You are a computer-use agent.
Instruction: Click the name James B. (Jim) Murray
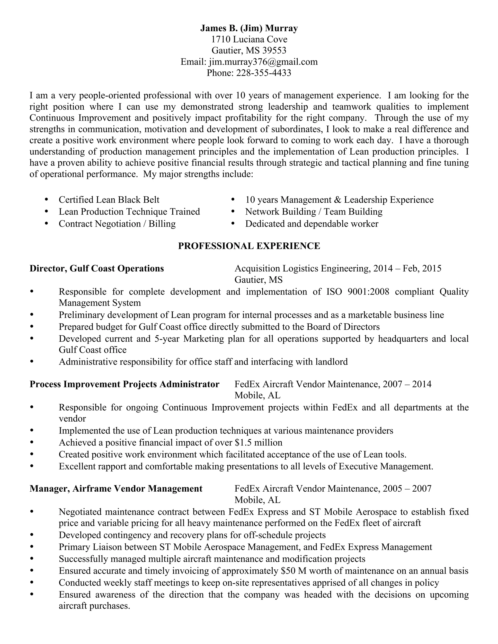coord(249,28)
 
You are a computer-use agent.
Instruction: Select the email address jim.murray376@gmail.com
coord(263,62)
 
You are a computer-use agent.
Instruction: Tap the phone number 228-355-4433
coord(263,73)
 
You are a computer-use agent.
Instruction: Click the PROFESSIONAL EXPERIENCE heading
coord(249,246)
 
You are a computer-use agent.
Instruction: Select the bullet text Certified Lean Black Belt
coord(109,200)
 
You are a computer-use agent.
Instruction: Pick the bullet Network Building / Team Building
coord(314,212)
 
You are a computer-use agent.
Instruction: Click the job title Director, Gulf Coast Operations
coord(97,269)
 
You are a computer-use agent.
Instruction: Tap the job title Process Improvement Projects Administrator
coord(124,384)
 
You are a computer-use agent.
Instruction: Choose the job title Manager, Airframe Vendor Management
coord(116,489)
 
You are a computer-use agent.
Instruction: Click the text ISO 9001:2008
coord(357,292)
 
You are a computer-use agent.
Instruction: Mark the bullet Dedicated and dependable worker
coord(311,224)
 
